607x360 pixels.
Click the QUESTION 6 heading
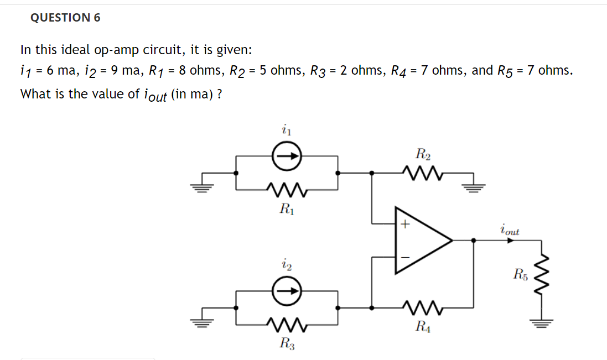[x=65, y=18]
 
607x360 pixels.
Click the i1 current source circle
[x=287, y=157]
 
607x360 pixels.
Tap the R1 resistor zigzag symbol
[x=287, y=189]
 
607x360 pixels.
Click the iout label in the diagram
[x=509, y=229]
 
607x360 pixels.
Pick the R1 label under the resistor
[x=287, y=208]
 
